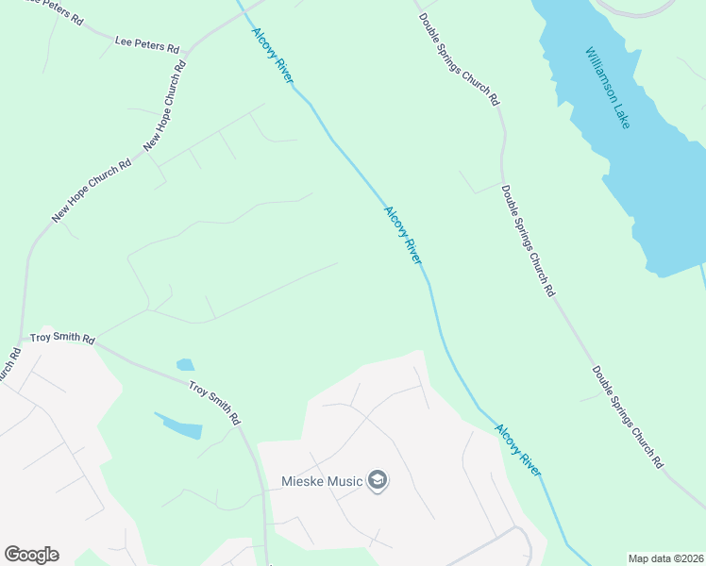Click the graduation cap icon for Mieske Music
(378, 481)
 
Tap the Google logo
(31, 555)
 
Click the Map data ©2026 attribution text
(664, 558)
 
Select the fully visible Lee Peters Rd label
(146, 44)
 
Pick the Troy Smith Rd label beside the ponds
(214, 402)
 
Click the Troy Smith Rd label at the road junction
(63, 338)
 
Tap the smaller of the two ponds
(185, 365)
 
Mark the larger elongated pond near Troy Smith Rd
(179, 425)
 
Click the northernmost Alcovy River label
(273, 56)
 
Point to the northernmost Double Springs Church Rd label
(459, 59)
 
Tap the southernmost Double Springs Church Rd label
(628, 417)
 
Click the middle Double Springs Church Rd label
(528, 241)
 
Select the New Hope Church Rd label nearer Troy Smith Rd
(92, 191)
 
